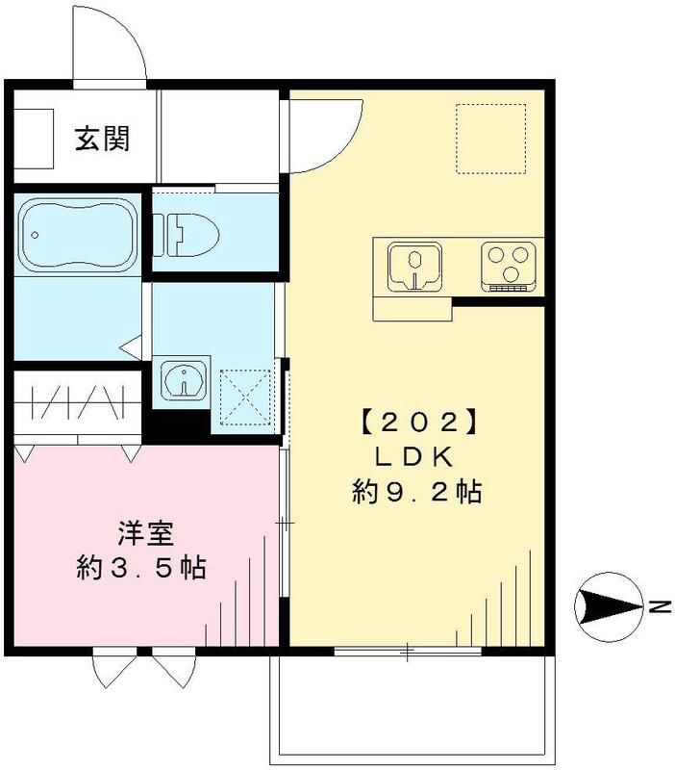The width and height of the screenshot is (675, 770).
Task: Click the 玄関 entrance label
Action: pyautogui.click(x=103, y=139)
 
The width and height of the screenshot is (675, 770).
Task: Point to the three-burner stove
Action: pyautogui.click(x=508, y=265)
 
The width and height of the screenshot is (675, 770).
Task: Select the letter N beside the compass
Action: pyautogui.click(x=659, y=606)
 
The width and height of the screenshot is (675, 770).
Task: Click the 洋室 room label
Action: pyautogui.click(x=139, y=531)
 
